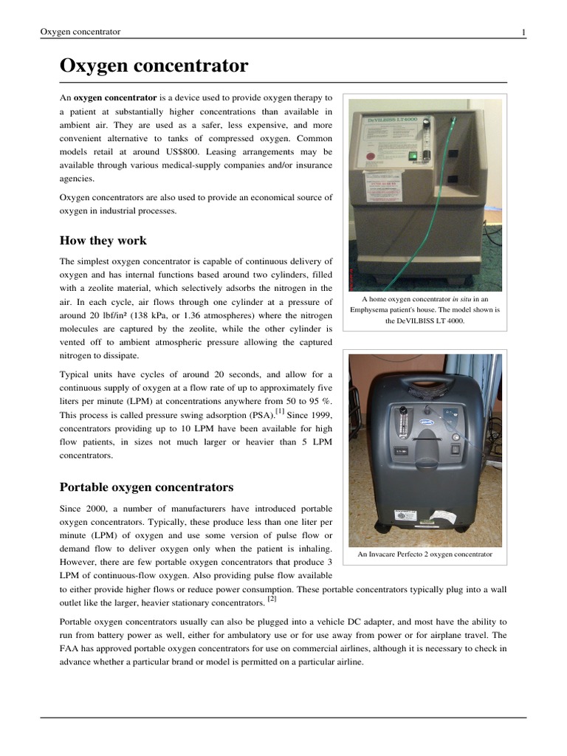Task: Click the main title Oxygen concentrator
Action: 154,66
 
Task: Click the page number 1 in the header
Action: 523,32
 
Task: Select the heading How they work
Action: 103,241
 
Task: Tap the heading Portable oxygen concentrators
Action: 146,487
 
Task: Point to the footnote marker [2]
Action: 272,599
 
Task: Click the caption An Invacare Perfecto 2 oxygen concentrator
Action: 425,554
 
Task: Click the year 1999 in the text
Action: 318,415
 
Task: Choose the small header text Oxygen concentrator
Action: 80,32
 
